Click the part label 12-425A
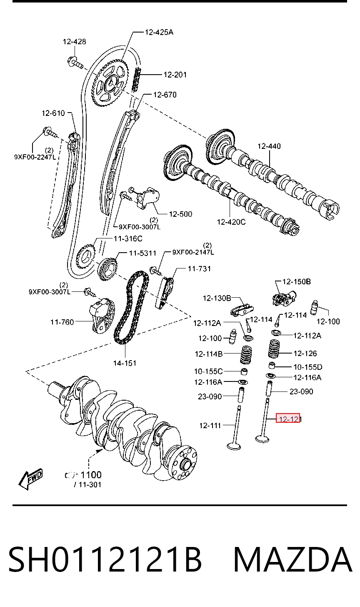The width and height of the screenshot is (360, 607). [x=159, y=32]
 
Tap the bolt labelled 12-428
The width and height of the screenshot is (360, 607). [x=75, y=63]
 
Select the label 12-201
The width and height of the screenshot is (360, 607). [x=175, y=75]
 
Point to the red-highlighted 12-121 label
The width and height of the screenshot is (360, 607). [x=288, y=419]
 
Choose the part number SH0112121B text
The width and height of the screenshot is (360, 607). [x=105, y=559]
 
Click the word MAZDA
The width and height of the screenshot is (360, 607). [x=292, y=559]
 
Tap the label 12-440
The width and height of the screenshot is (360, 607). [x=269, y=146]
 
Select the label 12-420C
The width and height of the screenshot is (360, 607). [x=231, y=222]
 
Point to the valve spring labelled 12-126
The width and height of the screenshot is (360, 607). [x=274, y=349]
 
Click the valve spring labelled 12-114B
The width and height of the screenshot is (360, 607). [x=246, y=354]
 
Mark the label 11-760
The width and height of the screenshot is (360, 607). [x=62, y=322]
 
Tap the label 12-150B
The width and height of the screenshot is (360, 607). [x=297, y=282]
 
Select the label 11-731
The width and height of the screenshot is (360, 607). [x=199, y=269]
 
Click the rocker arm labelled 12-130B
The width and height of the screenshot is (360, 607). [x=242, y=310]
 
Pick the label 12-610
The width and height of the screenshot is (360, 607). [x=53, y=113]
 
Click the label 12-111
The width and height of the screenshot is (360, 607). [x=210, y=425]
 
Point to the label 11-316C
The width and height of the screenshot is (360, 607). [x=128, y=238]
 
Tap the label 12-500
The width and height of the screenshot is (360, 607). [x=180, y=214]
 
